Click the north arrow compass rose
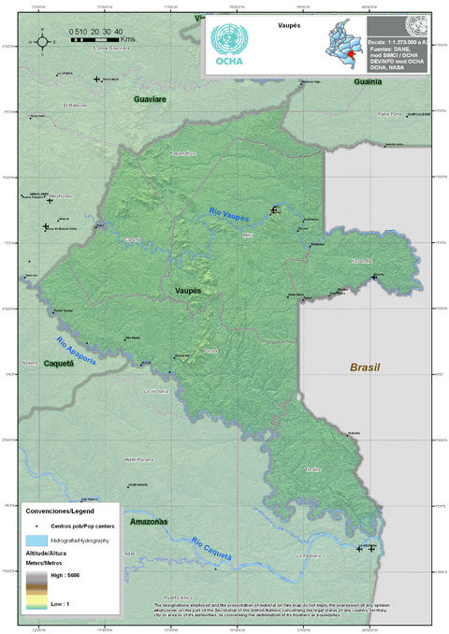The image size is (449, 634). pyautogui.click(x=42, y=40)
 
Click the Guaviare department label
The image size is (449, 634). pyautogui.click(x=150, y=98)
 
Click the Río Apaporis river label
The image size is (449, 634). pyautogui.click(x=72, y=351)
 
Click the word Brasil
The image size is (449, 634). pyautogui.click(x=365, y=367)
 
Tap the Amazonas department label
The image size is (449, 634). pyautogui.click(x=149, y=521)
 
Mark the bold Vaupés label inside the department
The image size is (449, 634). pyautogui.click(x=189, y=292)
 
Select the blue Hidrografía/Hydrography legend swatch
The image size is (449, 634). pyautogui.click(x=37, y=540)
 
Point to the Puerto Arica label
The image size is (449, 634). pyautogui.click(x=177, y=597)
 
